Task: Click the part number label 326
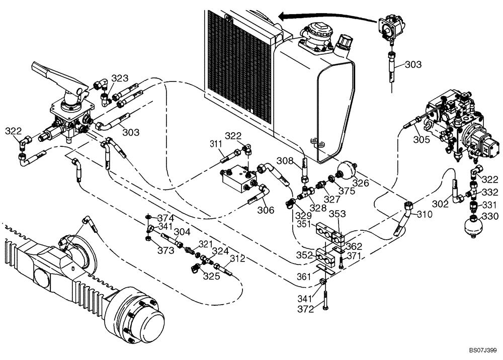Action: click(x=361, y=183)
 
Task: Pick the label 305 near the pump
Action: click(x=422, y=140)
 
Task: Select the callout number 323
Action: click(x=120, y=78)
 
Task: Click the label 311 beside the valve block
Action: click(x=216, y=144)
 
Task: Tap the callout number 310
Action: click(x=424, y=214)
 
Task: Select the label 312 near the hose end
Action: click(x=237, y=259)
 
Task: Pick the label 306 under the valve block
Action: click(x=267, y=210)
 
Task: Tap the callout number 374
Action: click(x=166, y=219)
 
